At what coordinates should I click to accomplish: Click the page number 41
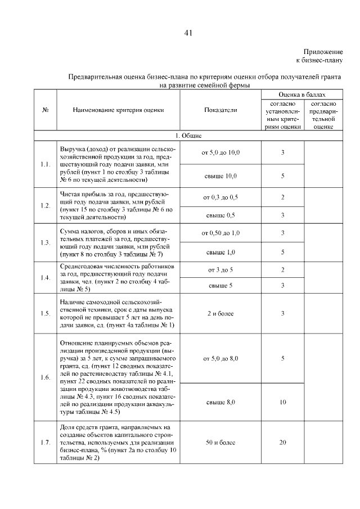188,33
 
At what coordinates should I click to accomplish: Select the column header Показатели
220,110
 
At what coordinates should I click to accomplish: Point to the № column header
45,110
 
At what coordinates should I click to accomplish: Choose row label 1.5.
45,313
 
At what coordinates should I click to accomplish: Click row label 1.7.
45,443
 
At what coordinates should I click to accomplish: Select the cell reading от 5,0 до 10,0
220,152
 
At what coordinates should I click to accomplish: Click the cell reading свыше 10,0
220,176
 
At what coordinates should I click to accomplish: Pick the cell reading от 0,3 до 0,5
220,197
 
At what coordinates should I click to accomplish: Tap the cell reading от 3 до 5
220,270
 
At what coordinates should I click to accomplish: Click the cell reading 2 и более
220,313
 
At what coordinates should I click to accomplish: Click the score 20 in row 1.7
282,443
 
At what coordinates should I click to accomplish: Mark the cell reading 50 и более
220,443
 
